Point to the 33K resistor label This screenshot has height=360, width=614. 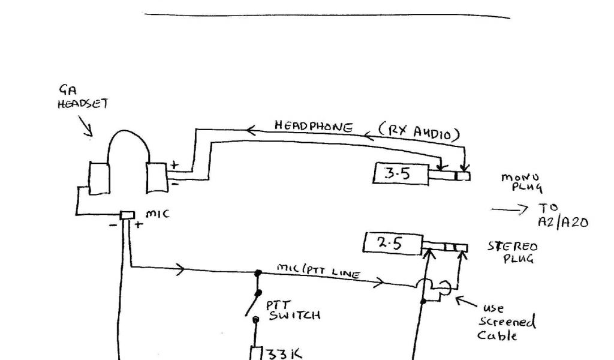click(x=281, y=353)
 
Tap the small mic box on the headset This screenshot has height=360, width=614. click(x=127, y=215)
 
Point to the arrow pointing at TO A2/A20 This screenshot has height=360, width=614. click(x=504, y=209)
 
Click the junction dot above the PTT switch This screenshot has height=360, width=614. click(x=258, y=273)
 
